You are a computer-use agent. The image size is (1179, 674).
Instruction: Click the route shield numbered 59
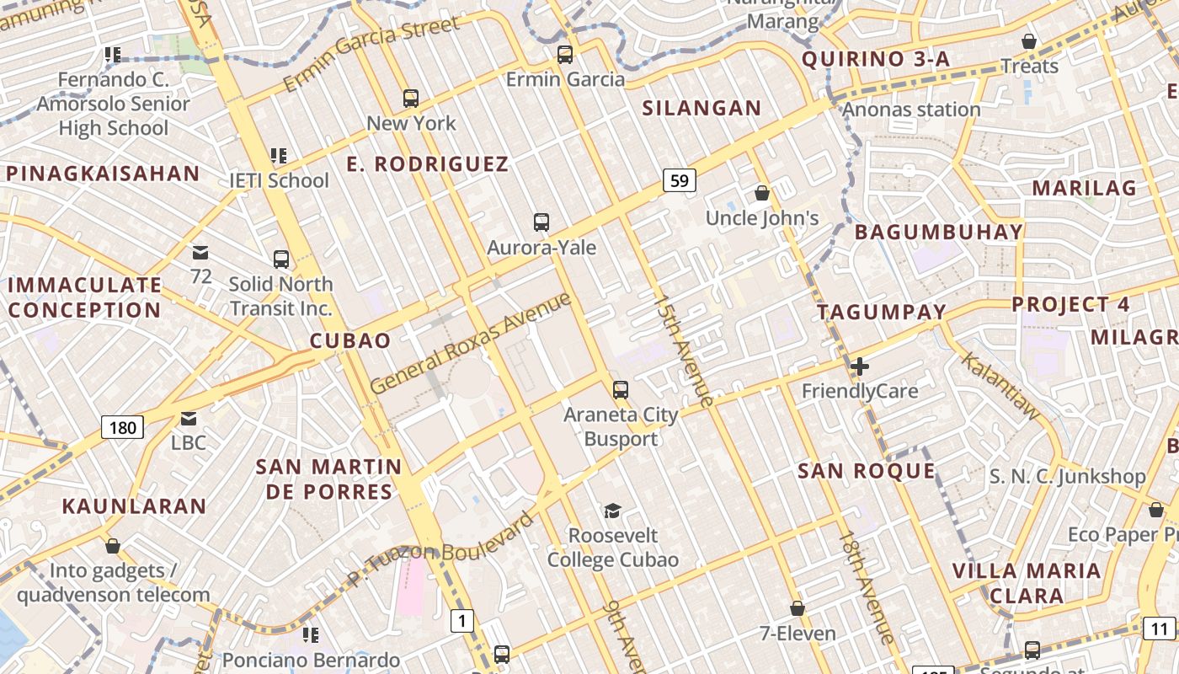[x=680, y=179]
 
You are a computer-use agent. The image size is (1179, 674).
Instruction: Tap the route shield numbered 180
[x=122, y=427]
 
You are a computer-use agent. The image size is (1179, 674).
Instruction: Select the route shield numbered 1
[x=461, y=622]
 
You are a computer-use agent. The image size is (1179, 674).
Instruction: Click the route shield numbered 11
[x=1160, y=628]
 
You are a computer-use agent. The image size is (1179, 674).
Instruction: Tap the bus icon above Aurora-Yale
[x=541, y=222]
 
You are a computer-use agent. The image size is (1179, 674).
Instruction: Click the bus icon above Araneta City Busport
[x=621, y=389]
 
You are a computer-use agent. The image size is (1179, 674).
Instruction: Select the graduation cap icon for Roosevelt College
[x=613, y=511]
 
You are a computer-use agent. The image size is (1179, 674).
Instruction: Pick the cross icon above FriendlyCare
[x=859, y=366]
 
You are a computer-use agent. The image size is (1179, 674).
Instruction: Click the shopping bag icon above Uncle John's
[x=762, y=194]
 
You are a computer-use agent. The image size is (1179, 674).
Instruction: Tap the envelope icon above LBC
[x=189, y=418]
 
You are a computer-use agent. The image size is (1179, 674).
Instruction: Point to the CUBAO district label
[x=350, y=340]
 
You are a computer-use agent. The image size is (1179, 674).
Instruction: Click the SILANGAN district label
[x=702, y=108]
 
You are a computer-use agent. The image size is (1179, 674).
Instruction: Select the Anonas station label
[x=911, y=110]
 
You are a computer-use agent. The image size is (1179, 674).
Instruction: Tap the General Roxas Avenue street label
[x=470, y=342]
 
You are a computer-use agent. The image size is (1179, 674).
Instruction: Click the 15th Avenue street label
[x=684, y=350]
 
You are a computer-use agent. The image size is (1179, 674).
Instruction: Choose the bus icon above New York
[x=411, y=99]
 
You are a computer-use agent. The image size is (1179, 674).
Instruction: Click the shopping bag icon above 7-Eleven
[x=797, y=608]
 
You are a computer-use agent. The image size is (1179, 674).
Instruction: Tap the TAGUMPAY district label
[x=882, y=312]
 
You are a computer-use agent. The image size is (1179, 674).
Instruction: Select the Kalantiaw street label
[x=1001, y=385]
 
